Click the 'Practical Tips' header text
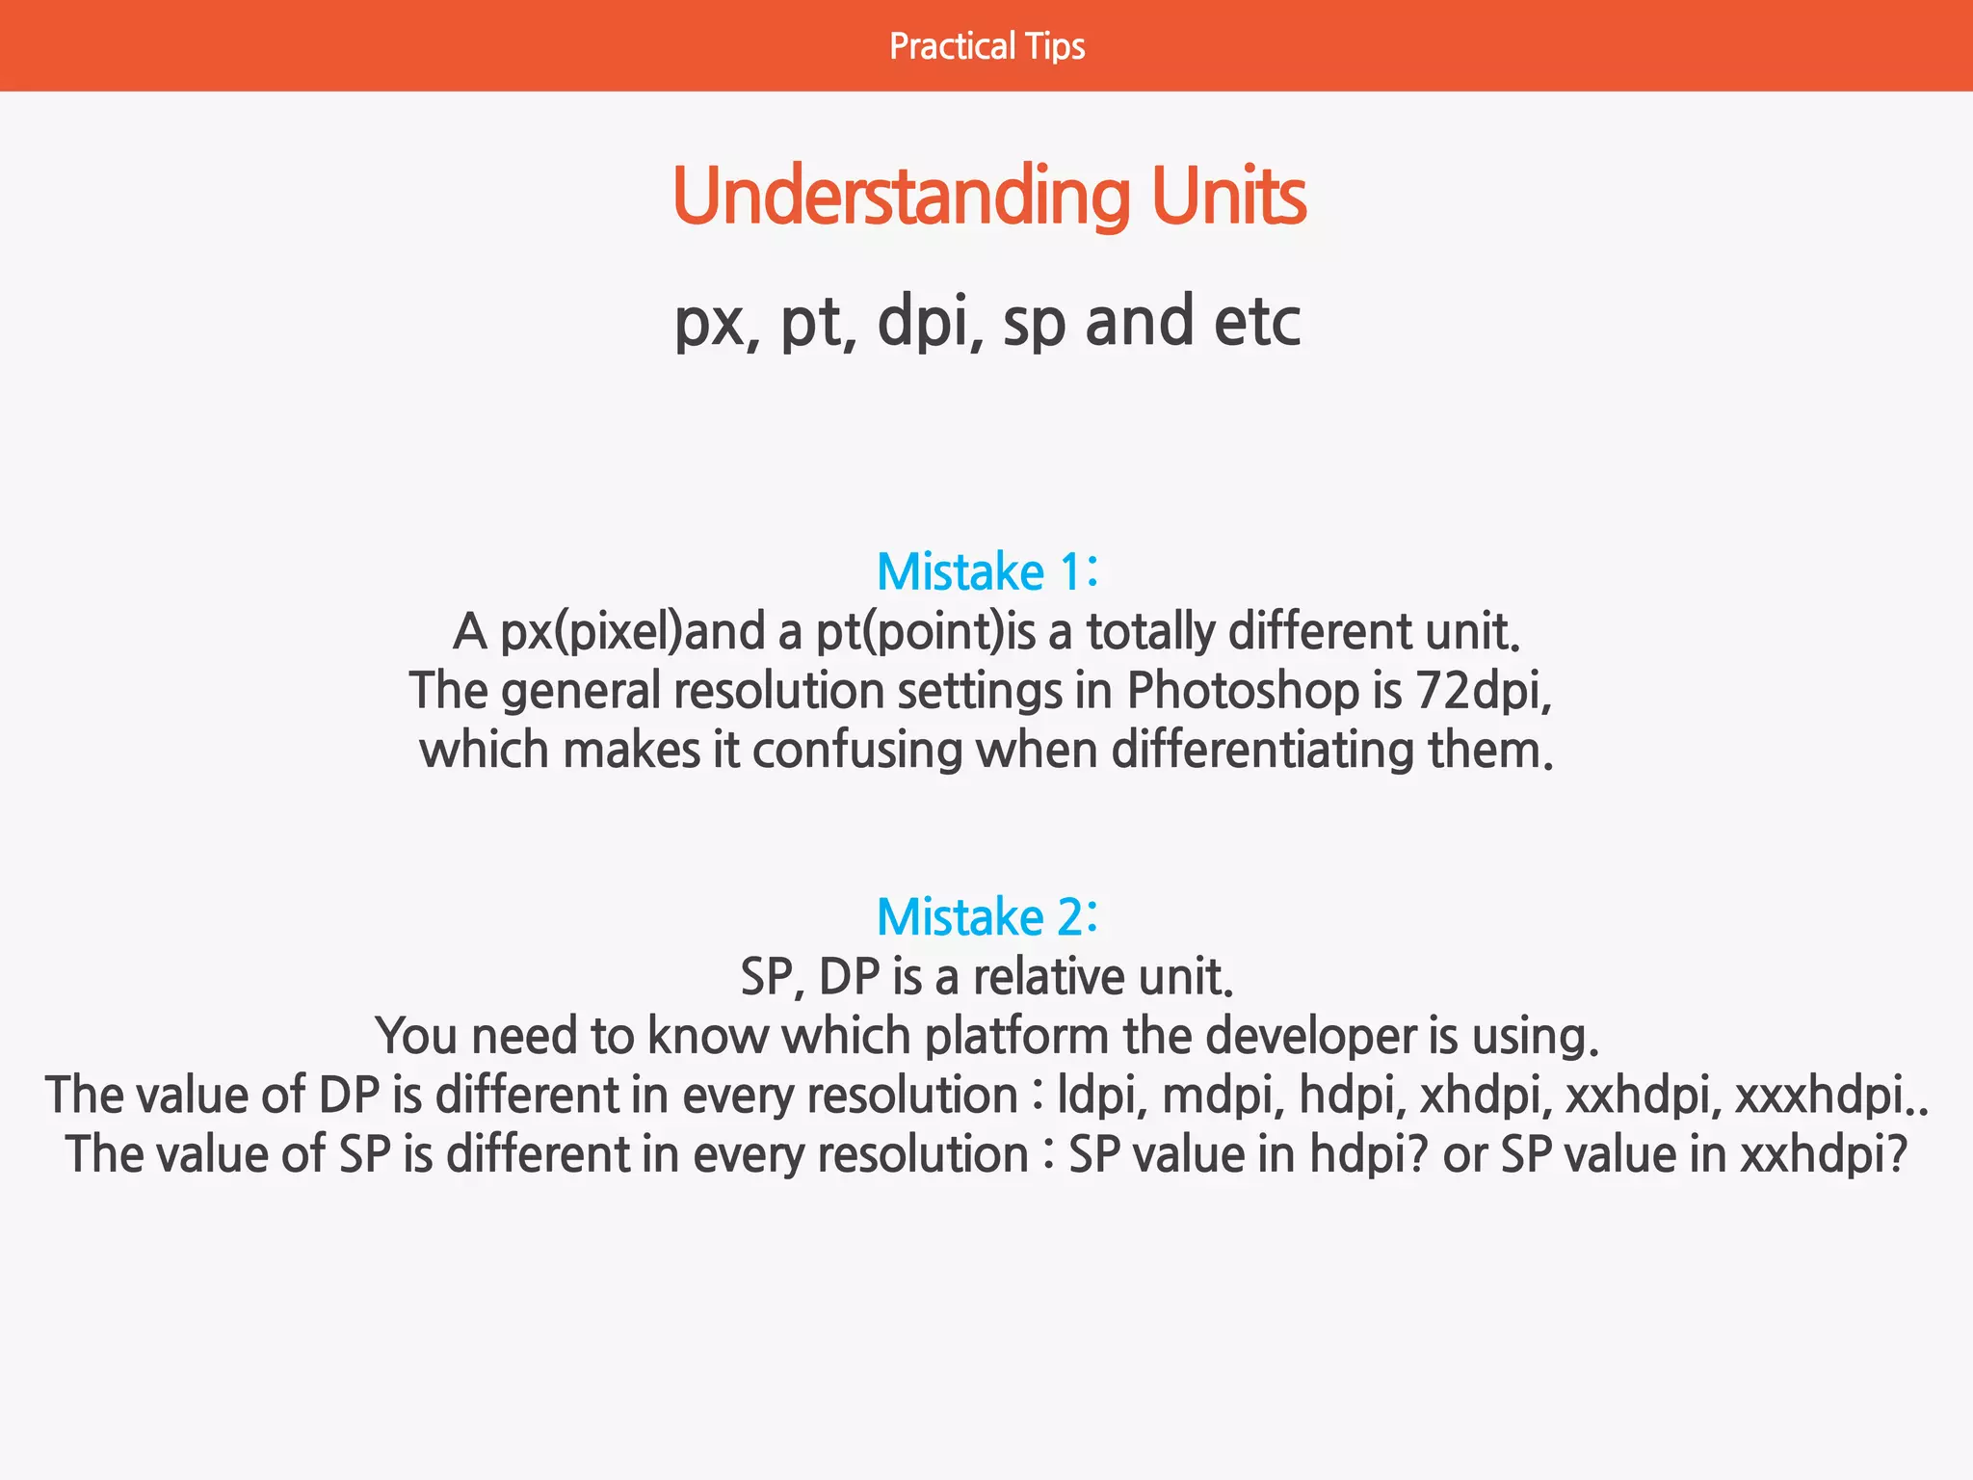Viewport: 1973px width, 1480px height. [986, 46]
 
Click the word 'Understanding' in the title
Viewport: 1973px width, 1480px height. [901, 197]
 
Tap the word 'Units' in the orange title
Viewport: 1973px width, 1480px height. [1228, 197]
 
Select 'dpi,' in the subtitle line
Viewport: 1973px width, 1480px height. [930, 322]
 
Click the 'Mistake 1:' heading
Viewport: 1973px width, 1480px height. [986, 571]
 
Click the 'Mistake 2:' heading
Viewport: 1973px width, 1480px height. [986, 916]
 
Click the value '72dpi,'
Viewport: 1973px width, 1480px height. [1484, 691]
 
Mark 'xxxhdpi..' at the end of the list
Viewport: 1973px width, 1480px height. [1830, 1096]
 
